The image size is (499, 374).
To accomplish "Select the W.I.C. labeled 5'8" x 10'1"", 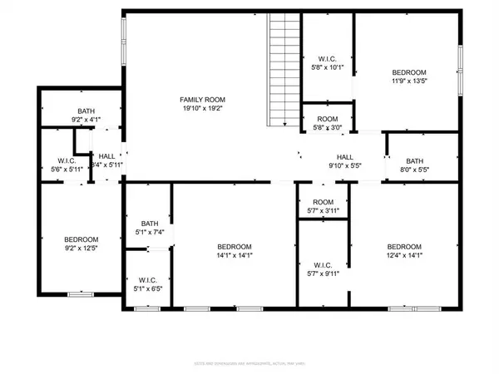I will click(326, 62).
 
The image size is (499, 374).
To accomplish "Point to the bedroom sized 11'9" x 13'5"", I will click(408, 76).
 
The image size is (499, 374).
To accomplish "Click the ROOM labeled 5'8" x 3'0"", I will click(326, 122).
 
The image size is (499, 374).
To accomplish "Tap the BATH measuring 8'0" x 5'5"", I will click(417, 165).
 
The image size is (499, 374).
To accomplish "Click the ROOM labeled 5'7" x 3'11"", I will click(323, 207).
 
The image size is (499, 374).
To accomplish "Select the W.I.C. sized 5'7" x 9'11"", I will click(323, 269).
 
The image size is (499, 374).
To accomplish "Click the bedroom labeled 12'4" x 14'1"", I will click(403, 252).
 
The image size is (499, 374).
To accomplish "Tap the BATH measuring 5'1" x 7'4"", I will click(149, 228).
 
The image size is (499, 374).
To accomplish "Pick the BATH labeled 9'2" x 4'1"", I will click(86, 116).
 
